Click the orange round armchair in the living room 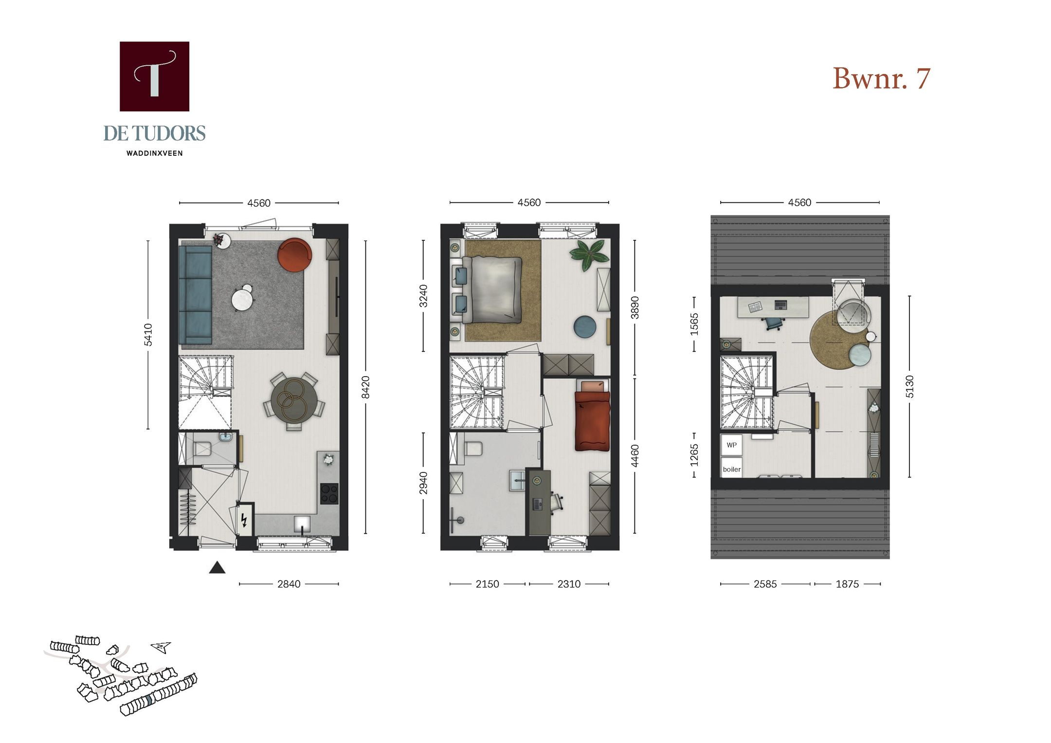tap(294, 254)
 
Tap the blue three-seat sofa tap(195, 295)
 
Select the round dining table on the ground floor tap(294, 400)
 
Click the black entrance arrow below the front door tap(217, 568)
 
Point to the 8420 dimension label tap(366, 387)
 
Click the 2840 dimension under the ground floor tap(289, 584)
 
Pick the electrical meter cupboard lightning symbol tap(244, 521)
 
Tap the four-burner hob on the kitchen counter tap(329, 493)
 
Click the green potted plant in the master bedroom tap(589, 254)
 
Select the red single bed tap(592, 421)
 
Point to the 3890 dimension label tap(635, 308)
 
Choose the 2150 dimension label tap(487, 584)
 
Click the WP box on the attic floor tap(731, 445)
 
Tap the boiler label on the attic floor tap(731, 469)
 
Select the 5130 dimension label tap(909, 387)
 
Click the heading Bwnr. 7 tap(881, 78)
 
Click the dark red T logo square tap(154, 76)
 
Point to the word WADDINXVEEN tap(154, 153)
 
